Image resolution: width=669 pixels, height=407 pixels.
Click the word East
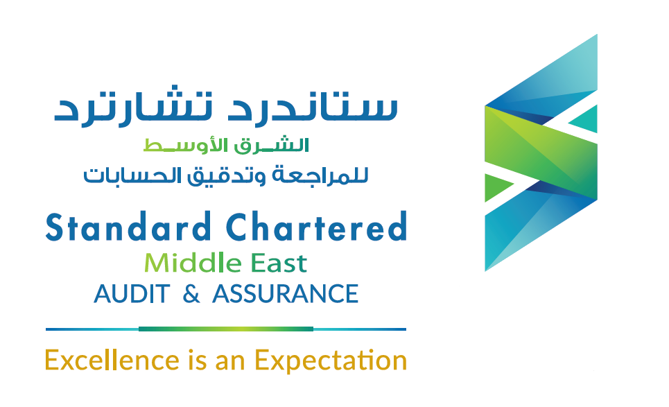click(277, 263)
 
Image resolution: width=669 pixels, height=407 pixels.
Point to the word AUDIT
click(131, 294)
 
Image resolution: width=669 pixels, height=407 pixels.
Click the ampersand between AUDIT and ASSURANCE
click(191, 294)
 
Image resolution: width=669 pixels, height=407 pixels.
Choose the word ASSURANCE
click(285, 294)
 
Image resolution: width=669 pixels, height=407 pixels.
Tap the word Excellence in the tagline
click(112, 361)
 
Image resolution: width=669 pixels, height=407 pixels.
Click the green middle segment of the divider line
click(225, 329)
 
